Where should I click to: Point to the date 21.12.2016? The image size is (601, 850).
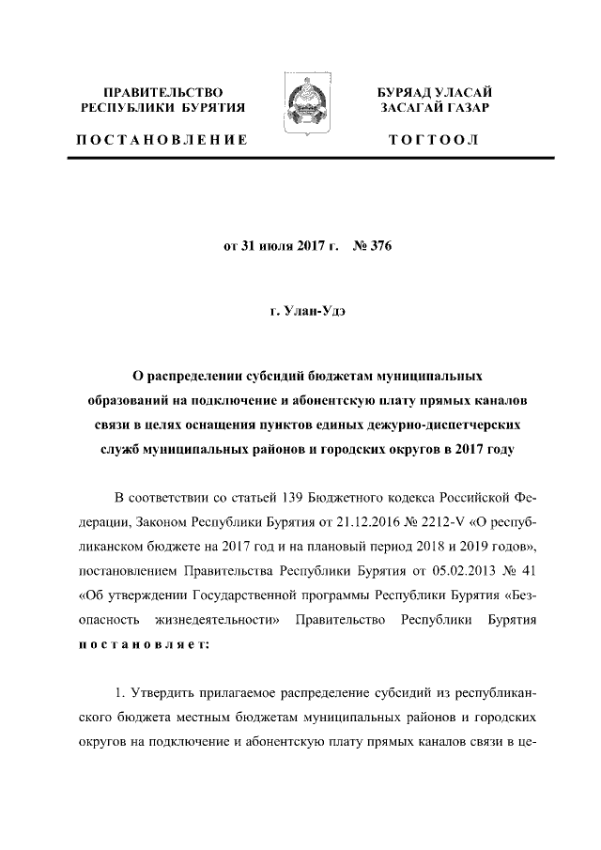click(x=281, y=521)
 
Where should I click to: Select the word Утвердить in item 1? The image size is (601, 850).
click(x=164, y=694)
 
